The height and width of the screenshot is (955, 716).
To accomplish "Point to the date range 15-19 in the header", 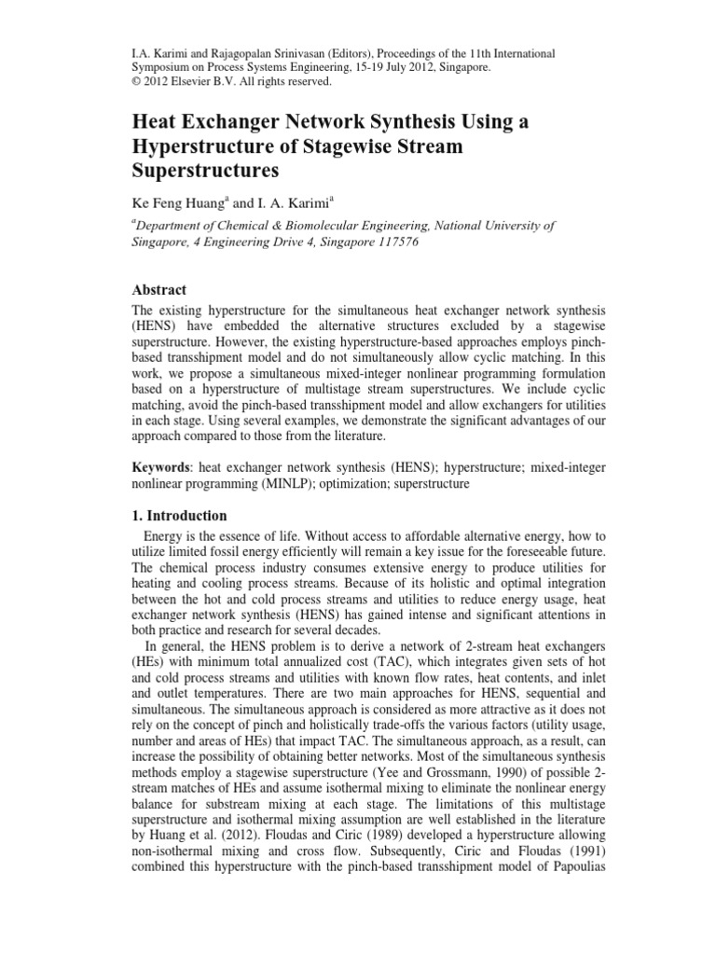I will [398, 67].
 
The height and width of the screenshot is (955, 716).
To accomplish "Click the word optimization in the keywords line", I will [375, 485].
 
